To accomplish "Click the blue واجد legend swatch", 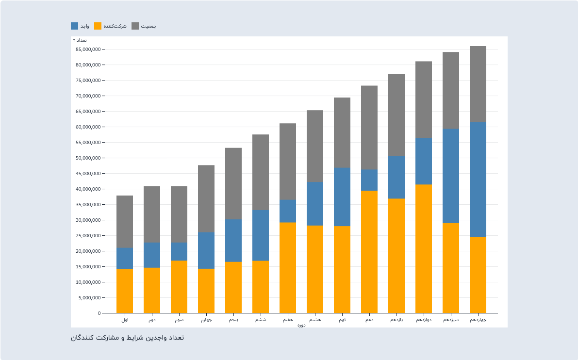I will click(x=74, y=26).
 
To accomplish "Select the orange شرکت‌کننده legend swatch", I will click(x=98, y=26).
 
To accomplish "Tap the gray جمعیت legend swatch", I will click(x=135, y=26).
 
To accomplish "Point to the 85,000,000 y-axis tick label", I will click(x=88, y=49).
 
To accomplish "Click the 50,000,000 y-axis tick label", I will click(x=88, y=158).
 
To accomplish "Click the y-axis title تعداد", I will click(x=80, y=40).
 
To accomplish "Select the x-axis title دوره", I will click(x=301, y=325).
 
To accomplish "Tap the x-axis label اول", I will click(x=125, y=320).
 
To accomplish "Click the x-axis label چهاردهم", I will click(x=478, y=320).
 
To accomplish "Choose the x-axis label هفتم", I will click(x=288, y=320).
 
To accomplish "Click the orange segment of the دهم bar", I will click(x=369, y=252).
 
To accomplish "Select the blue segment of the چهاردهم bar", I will click(x=478, y=180).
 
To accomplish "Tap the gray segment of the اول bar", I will click(x=125, y=222).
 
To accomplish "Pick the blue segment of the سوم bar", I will click(x=179, y=251).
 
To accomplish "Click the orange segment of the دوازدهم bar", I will click(x=424, y=248).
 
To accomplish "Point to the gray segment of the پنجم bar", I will click(x=233, y=183).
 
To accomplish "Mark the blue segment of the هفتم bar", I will click(x=288, y=211).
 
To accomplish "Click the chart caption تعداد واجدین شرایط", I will click(x=127, y=338).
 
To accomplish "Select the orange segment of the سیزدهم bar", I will click(x=451, y=268).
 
